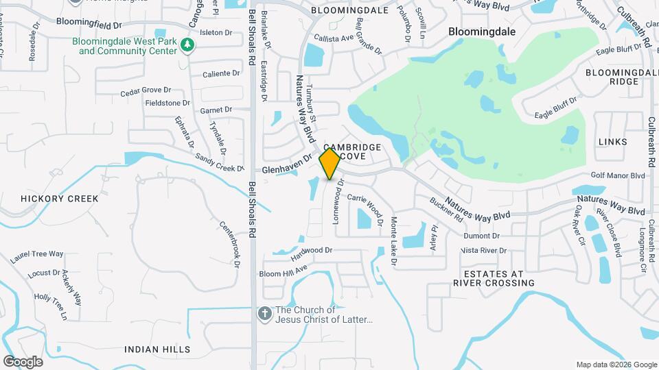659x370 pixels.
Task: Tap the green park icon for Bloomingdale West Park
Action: tap(187, 46)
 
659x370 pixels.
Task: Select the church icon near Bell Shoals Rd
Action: tap(264, 314)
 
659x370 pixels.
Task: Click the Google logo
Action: tap(23, 361)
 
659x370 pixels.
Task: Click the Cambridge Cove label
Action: tap(352, 152)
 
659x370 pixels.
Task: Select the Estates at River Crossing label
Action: tap(489, 278)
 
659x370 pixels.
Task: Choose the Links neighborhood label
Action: tap(612, 142)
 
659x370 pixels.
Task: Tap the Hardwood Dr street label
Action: tap(312, 253)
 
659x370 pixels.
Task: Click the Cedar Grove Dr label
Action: tap(145, 91)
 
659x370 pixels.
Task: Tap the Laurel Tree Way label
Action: tap(36, 257)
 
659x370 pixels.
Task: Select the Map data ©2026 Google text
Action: tap(616, 365)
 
